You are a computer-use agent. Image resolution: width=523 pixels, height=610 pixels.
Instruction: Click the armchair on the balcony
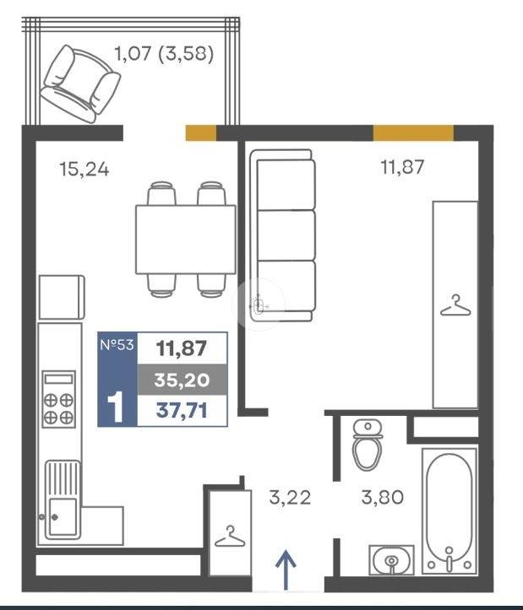click(x=80, y=84)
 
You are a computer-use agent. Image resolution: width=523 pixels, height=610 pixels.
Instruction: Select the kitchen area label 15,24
click(x=84, y=170)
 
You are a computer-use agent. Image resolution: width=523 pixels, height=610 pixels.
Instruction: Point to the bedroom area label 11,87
click(x=402, y=167)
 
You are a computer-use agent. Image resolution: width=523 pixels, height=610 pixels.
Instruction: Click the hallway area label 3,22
click(x=290, y=498)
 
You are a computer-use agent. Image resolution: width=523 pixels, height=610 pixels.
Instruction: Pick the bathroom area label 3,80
click(x=382, y=497)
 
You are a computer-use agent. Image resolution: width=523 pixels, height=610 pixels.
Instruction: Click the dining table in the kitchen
click(x=186, y=240)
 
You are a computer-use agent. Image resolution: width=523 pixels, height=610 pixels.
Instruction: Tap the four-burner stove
click(x=58, y=399)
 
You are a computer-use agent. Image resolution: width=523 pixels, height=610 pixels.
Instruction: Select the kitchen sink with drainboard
click(x=63, y=500)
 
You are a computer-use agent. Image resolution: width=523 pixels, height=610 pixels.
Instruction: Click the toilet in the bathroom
click(x=367, y=445)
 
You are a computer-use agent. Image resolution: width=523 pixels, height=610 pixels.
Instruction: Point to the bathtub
click(x=449, y=510)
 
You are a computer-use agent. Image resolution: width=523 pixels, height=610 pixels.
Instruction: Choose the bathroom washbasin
click(x=391, y=560)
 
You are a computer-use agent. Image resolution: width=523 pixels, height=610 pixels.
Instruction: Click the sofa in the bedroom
click(x=282, y=235)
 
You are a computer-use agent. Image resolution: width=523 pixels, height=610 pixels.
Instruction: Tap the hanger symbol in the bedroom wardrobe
click(x=455, y=305)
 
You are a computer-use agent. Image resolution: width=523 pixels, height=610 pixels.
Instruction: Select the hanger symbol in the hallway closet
click(x=230, y=536)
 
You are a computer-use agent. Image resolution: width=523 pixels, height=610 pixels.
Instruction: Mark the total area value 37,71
click(x=182, y=410)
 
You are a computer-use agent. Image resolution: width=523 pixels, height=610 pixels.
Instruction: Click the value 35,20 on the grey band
click(x=182, y=380)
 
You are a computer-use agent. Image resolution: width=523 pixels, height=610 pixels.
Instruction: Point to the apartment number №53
click(x=117, y=345)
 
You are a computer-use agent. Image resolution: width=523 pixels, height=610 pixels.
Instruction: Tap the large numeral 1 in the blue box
click(x=116, y=407)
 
